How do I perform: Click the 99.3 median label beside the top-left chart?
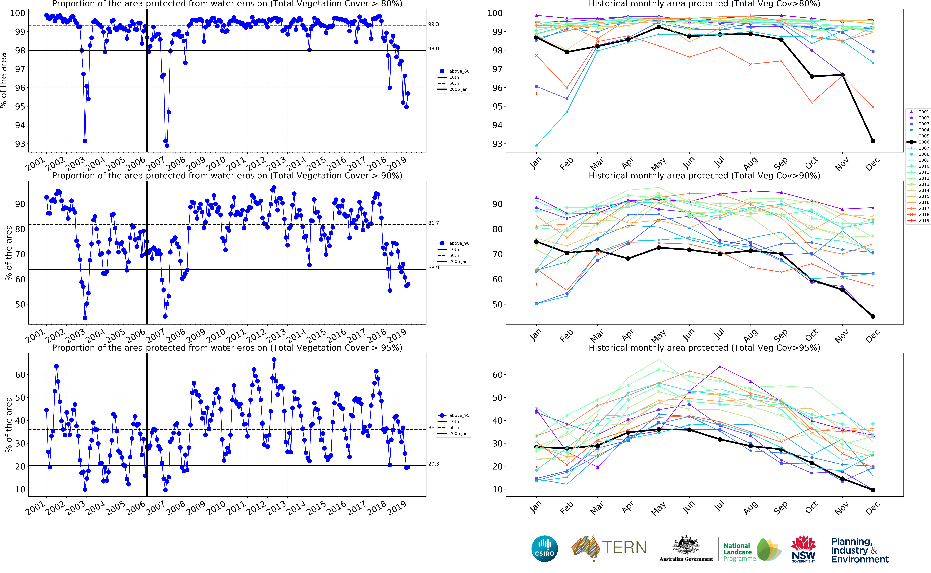pyautogui.click(x=433, y=24)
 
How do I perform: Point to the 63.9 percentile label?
pyautogui.click(x=433, y=268)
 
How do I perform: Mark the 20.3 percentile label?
pyautogui.click(x=433, y=464)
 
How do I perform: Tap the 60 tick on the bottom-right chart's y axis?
pyautogui.click(x=498, y=375)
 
